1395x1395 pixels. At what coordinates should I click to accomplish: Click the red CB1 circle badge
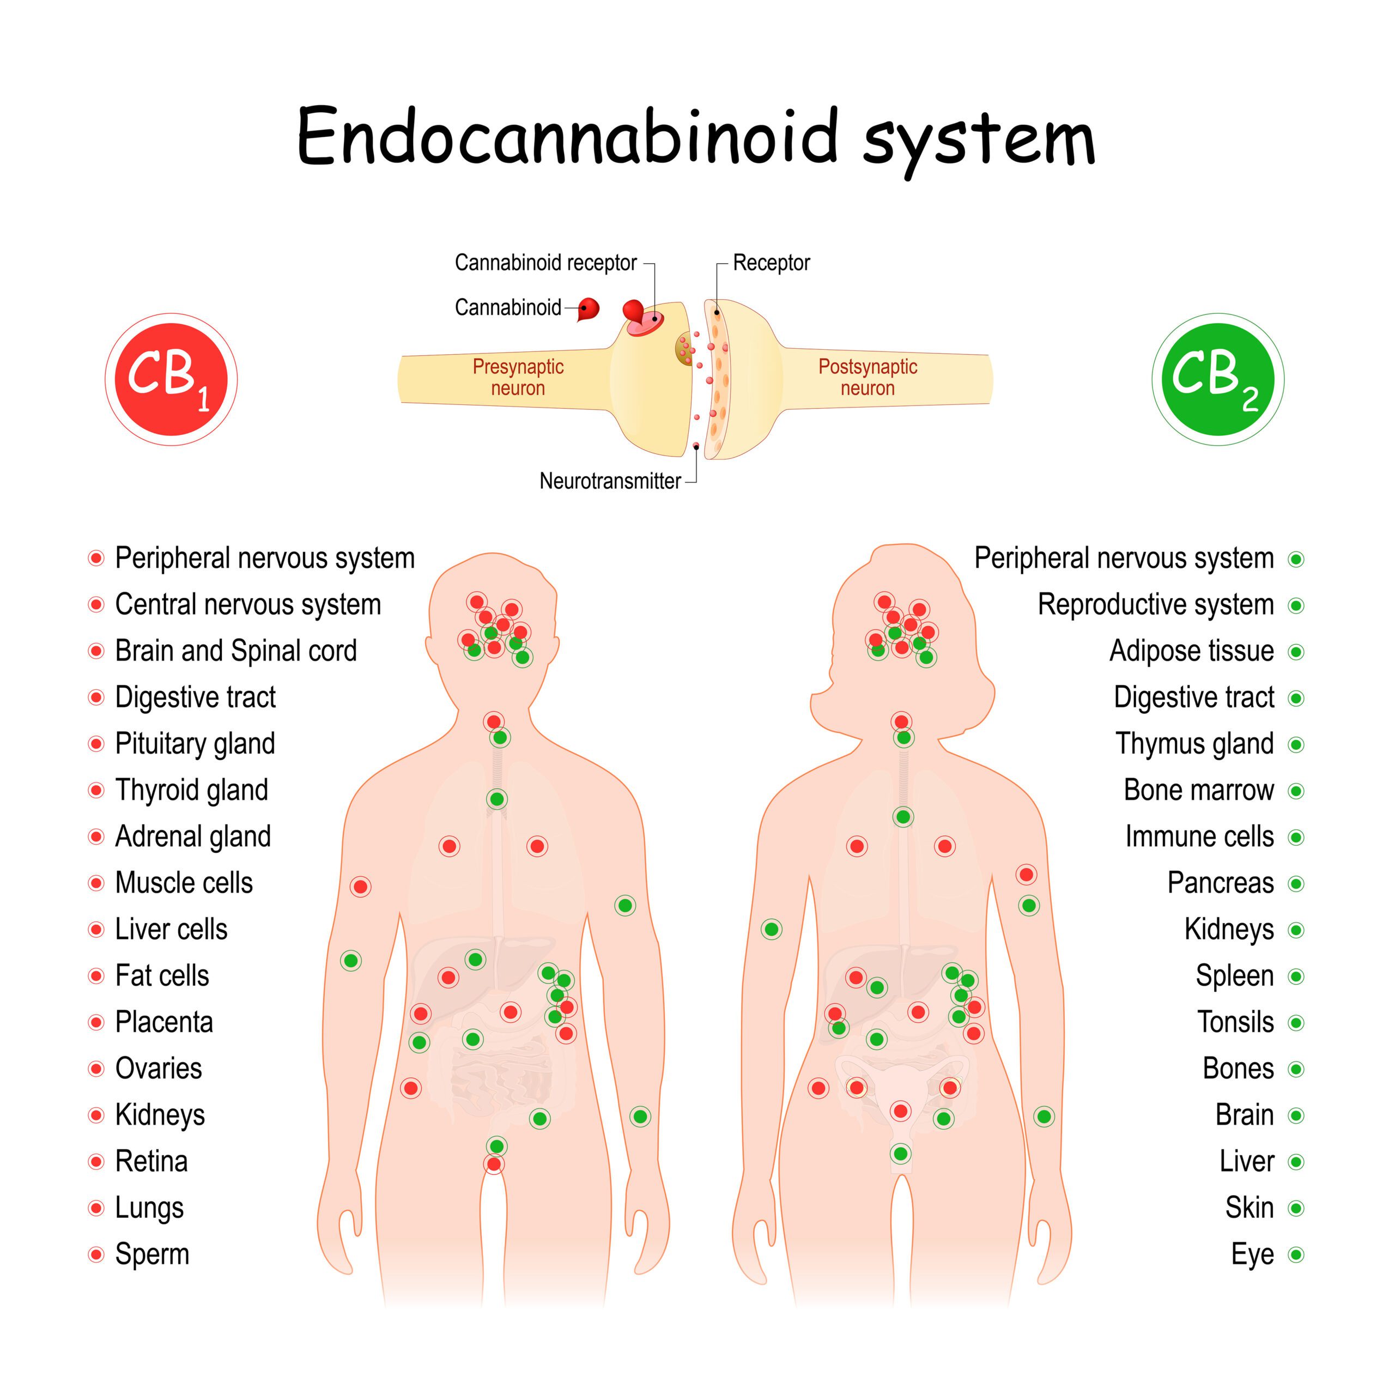pos(171,379)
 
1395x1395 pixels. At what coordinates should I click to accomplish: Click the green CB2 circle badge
pos(1217,379)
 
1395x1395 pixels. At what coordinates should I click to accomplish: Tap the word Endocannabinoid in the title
pos(567,137)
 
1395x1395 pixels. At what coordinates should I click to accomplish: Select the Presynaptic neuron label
pos(518,377)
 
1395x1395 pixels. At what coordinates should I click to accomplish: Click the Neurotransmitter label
pos(610,481)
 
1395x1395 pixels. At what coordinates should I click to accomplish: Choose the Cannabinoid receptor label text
pos(545,263)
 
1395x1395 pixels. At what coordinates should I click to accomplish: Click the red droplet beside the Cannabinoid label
pos(590,308)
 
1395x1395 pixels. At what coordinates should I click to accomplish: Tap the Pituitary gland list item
pos(195,744)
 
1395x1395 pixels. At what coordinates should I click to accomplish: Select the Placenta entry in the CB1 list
pos(164,1022)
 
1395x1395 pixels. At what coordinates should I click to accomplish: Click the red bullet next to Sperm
pos(96,1255)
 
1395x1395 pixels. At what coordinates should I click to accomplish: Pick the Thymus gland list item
pos(1194,744)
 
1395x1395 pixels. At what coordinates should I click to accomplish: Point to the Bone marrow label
pos(1199,791)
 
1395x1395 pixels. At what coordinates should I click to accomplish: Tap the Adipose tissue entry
pos(1191,651)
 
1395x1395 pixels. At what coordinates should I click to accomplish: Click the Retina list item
pos(151,1162)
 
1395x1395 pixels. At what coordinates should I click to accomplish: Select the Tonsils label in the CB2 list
pos(1235,1022)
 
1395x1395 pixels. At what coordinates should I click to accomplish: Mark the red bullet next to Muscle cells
pos(96,884)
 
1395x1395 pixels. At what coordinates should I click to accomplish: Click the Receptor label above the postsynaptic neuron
pos(771,263)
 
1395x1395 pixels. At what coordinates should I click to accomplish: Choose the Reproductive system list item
pos(1155,605)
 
